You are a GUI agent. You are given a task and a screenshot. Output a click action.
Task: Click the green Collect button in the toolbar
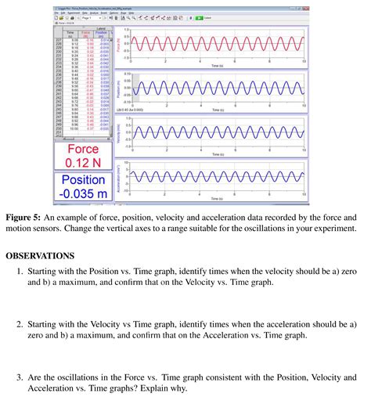pos(200,16)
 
